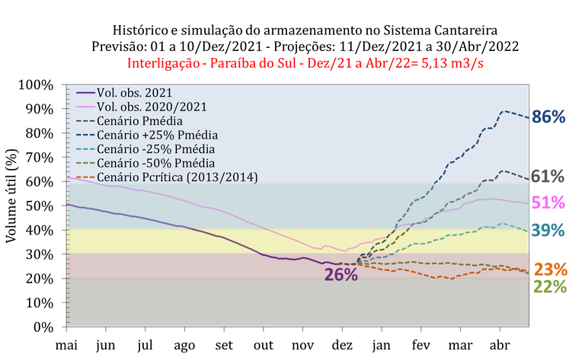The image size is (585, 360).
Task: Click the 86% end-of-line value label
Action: [x=548, y=117]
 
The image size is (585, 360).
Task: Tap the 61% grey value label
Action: [x=548, y=177]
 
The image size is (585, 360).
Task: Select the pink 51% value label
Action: [x=548, y=203]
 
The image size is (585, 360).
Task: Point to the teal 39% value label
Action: [x=548, y=230]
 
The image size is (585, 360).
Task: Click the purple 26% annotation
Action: [x=341, y=275]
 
